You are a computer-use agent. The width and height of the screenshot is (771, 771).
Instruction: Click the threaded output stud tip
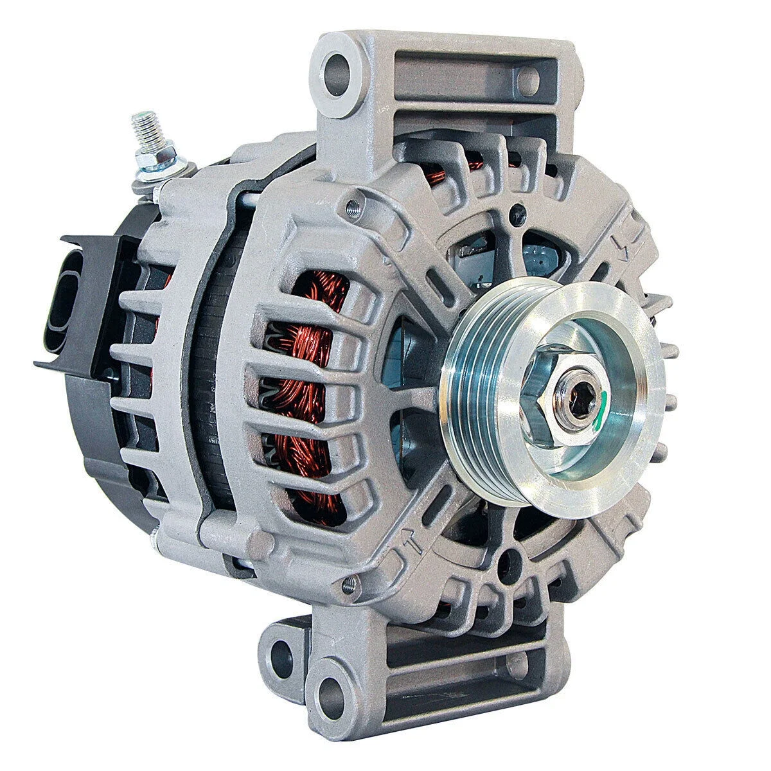pyautogui.click(x=137, y=120)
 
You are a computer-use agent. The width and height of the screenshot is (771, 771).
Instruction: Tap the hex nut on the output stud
pyautogui.click(x=149, y=163)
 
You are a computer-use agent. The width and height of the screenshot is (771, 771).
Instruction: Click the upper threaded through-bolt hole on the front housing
pyautogui.click(x=350, y=207)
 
